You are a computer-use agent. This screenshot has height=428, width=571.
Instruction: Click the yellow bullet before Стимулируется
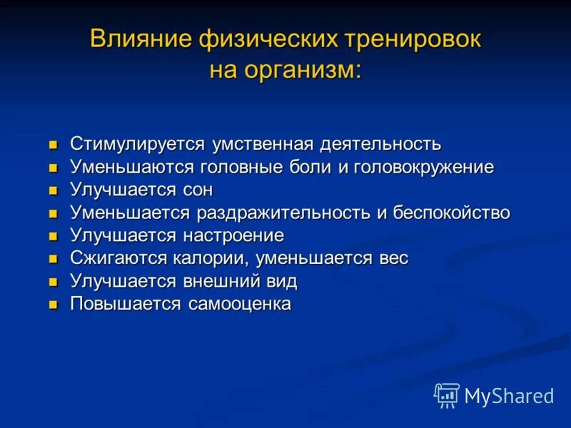click(52, 146)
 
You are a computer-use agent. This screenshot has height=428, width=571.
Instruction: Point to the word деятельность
click(381, 144)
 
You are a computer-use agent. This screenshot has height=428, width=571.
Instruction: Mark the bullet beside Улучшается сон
click(52, 191)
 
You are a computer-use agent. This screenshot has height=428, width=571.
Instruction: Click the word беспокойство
click(452, 213)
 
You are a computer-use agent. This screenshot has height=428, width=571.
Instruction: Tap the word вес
click(393, 258)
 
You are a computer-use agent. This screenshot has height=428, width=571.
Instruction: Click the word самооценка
click(240, 304)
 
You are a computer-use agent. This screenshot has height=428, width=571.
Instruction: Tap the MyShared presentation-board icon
click(447, 395)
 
